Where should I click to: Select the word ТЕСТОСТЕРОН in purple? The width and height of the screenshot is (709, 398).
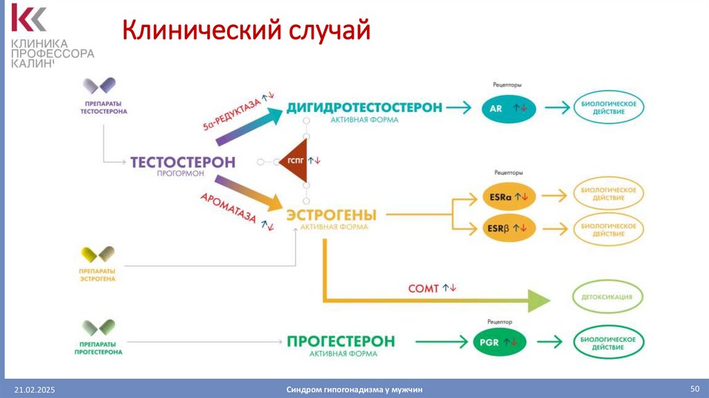183,162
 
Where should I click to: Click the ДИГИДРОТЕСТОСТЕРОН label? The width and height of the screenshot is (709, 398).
364,107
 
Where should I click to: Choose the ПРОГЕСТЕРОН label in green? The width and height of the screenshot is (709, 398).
341,341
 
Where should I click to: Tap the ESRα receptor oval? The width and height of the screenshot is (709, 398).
508,198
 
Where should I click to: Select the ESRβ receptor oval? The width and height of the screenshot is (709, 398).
508,227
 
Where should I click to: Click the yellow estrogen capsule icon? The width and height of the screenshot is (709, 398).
97,254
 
